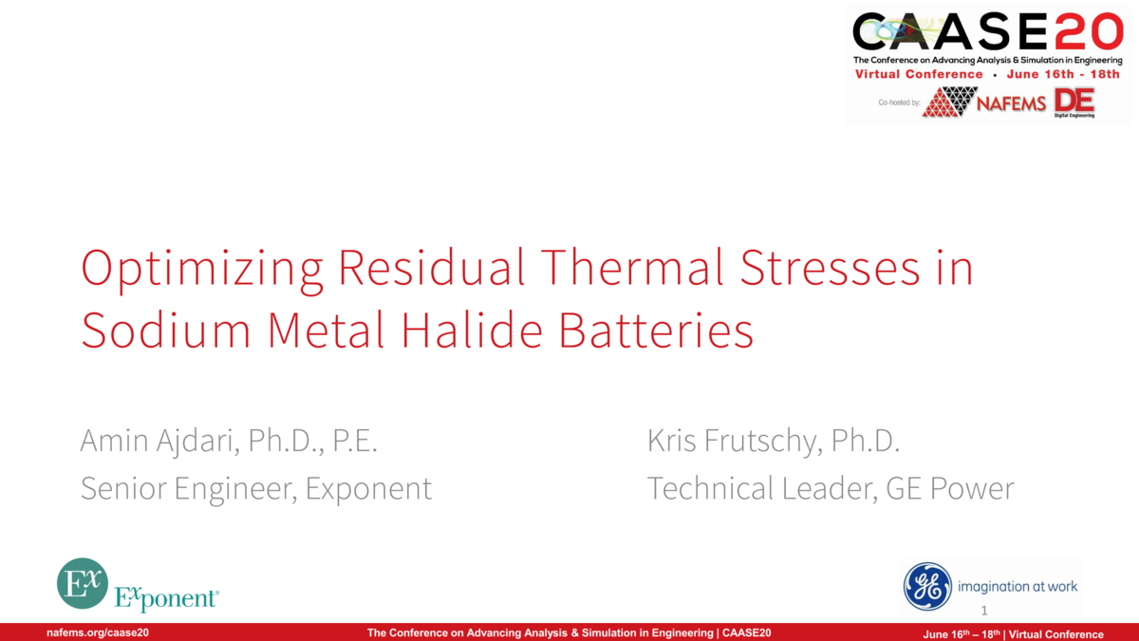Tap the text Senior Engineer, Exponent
(x=256, y=488)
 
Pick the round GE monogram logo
(x=927, y=586)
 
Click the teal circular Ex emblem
(x=82, y=583)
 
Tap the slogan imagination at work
(x=1018, y=586)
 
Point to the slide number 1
(x=984, y=611)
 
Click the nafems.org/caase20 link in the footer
(x=98, y=633)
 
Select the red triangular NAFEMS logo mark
(x=949, y=102)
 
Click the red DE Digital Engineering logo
(x=1074, y=102)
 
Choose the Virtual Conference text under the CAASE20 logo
(x=919, y=74)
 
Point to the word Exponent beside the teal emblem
(x=166, y=598)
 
